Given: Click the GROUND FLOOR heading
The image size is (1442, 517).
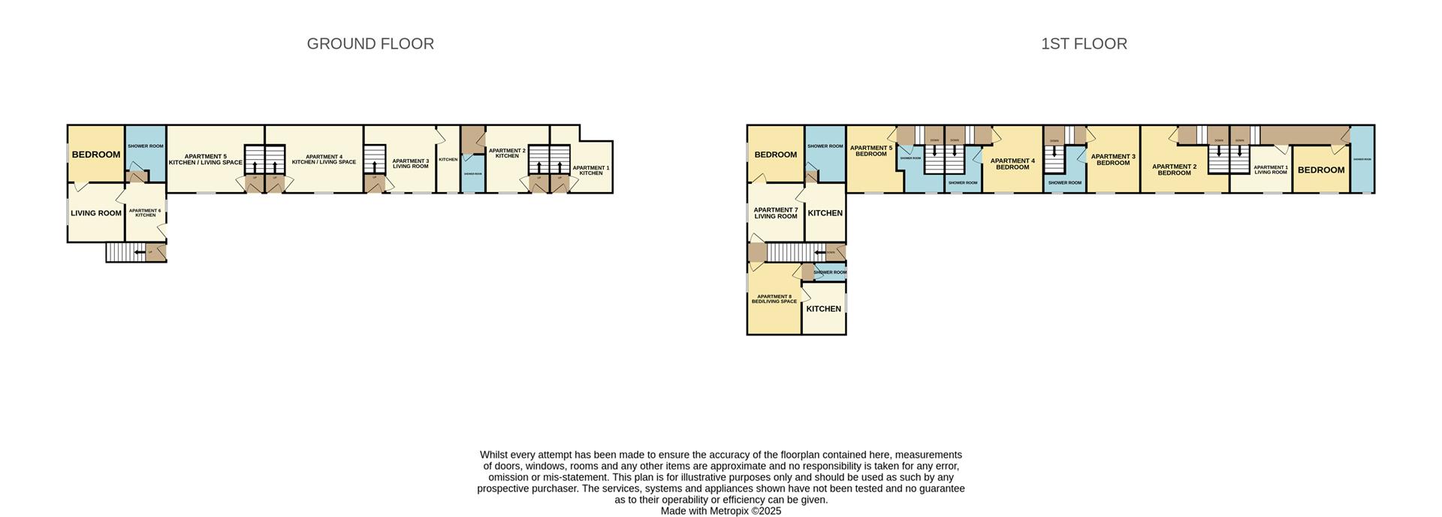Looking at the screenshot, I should (x=370, y=44).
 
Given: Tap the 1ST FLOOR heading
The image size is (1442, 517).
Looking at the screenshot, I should (x=1084, y=44).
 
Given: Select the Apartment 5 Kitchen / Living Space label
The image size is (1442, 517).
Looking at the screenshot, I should (x=205, y=160).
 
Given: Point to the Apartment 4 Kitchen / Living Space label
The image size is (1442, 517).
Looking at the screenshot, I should (x=324, y=160).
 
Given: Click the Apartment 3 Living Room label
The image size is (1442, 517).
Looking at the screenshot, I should (x=411, y=164).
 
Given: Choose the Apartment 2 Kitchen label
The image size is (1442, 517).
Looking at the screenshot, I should (x=507, y=153).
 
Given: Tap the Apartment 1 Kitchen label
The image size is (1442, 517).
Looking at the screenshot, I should (x=591, y=170).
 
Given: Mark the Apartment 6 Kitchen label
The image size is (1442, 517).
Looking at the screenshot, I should (x=145, y=213).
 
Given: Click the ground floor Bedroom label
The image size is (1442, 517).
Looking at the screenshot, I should (x=96, y=155).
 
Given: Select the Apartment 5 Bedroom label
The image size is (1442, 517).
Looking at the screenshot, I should (x=871, y=151).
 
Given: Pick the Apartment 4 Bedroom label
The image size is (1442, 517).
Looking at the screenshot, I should (x=1012, y=164).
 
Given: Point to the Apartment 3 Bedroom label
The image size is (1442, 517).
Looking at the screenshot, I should (x=1113, y=160).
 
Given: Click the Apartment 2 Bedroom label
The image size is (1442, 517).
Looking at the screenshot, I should (x=1174, y=170).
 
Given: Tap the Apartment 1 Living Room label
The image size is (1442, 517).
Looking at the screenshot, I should (x=1271, y=170).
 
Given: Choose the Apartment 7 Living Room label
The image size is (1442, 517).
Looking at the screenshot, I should (x=776, y=213).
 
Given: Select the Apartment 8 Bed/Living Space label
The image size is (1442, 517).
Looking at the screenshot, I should (x=774, y=299).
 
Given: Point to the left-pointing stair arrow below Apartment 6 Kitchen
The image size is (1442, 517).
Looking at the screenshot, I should (x=140, y=252).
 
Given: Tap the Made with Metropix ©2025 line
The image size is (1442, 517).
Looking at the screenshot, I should (x=721, y=511).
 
